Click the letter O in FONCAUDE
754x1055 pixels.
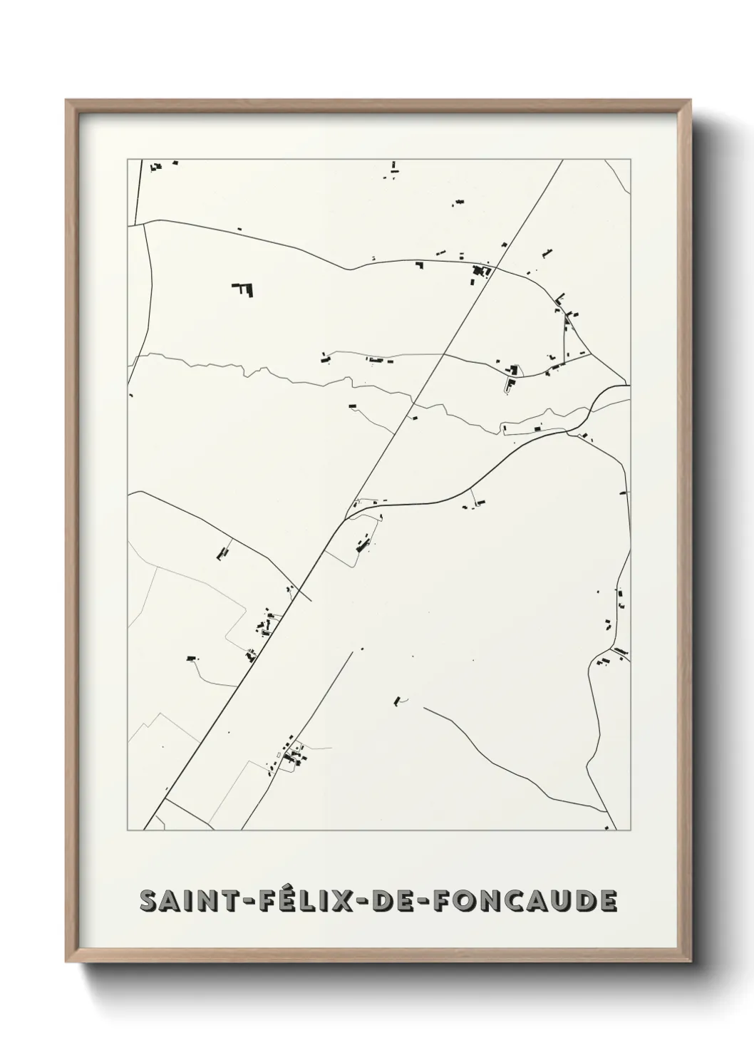tap(465, 900)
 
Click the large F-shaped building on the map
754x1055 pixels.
tap(244, 289)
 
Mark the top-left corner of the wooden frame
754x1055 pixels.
tap(66, 101)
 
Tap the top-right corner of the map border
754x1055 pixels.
tap(630, 160)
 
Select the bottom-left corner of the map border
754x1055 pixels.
tap(128, 830)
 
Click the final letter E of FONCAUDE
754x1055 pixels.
tap(607, 900)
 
